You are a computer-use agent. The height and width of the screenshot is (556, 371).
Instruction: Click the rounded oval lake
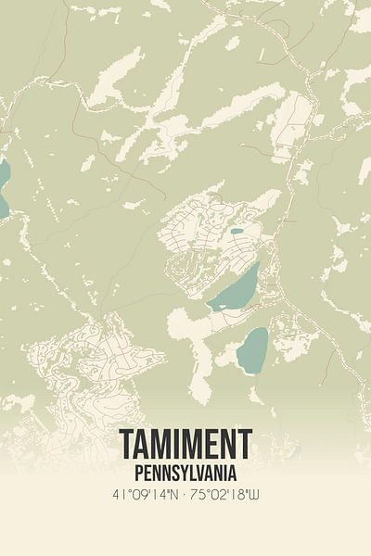(x=252, y=349)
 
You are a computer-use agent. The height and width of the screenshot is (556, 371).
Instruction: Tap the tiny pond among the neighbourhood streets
(x=237, y=231)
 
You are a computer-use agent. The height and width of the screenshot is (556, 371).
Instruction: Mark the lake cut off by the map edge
(x=3, y=185)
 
